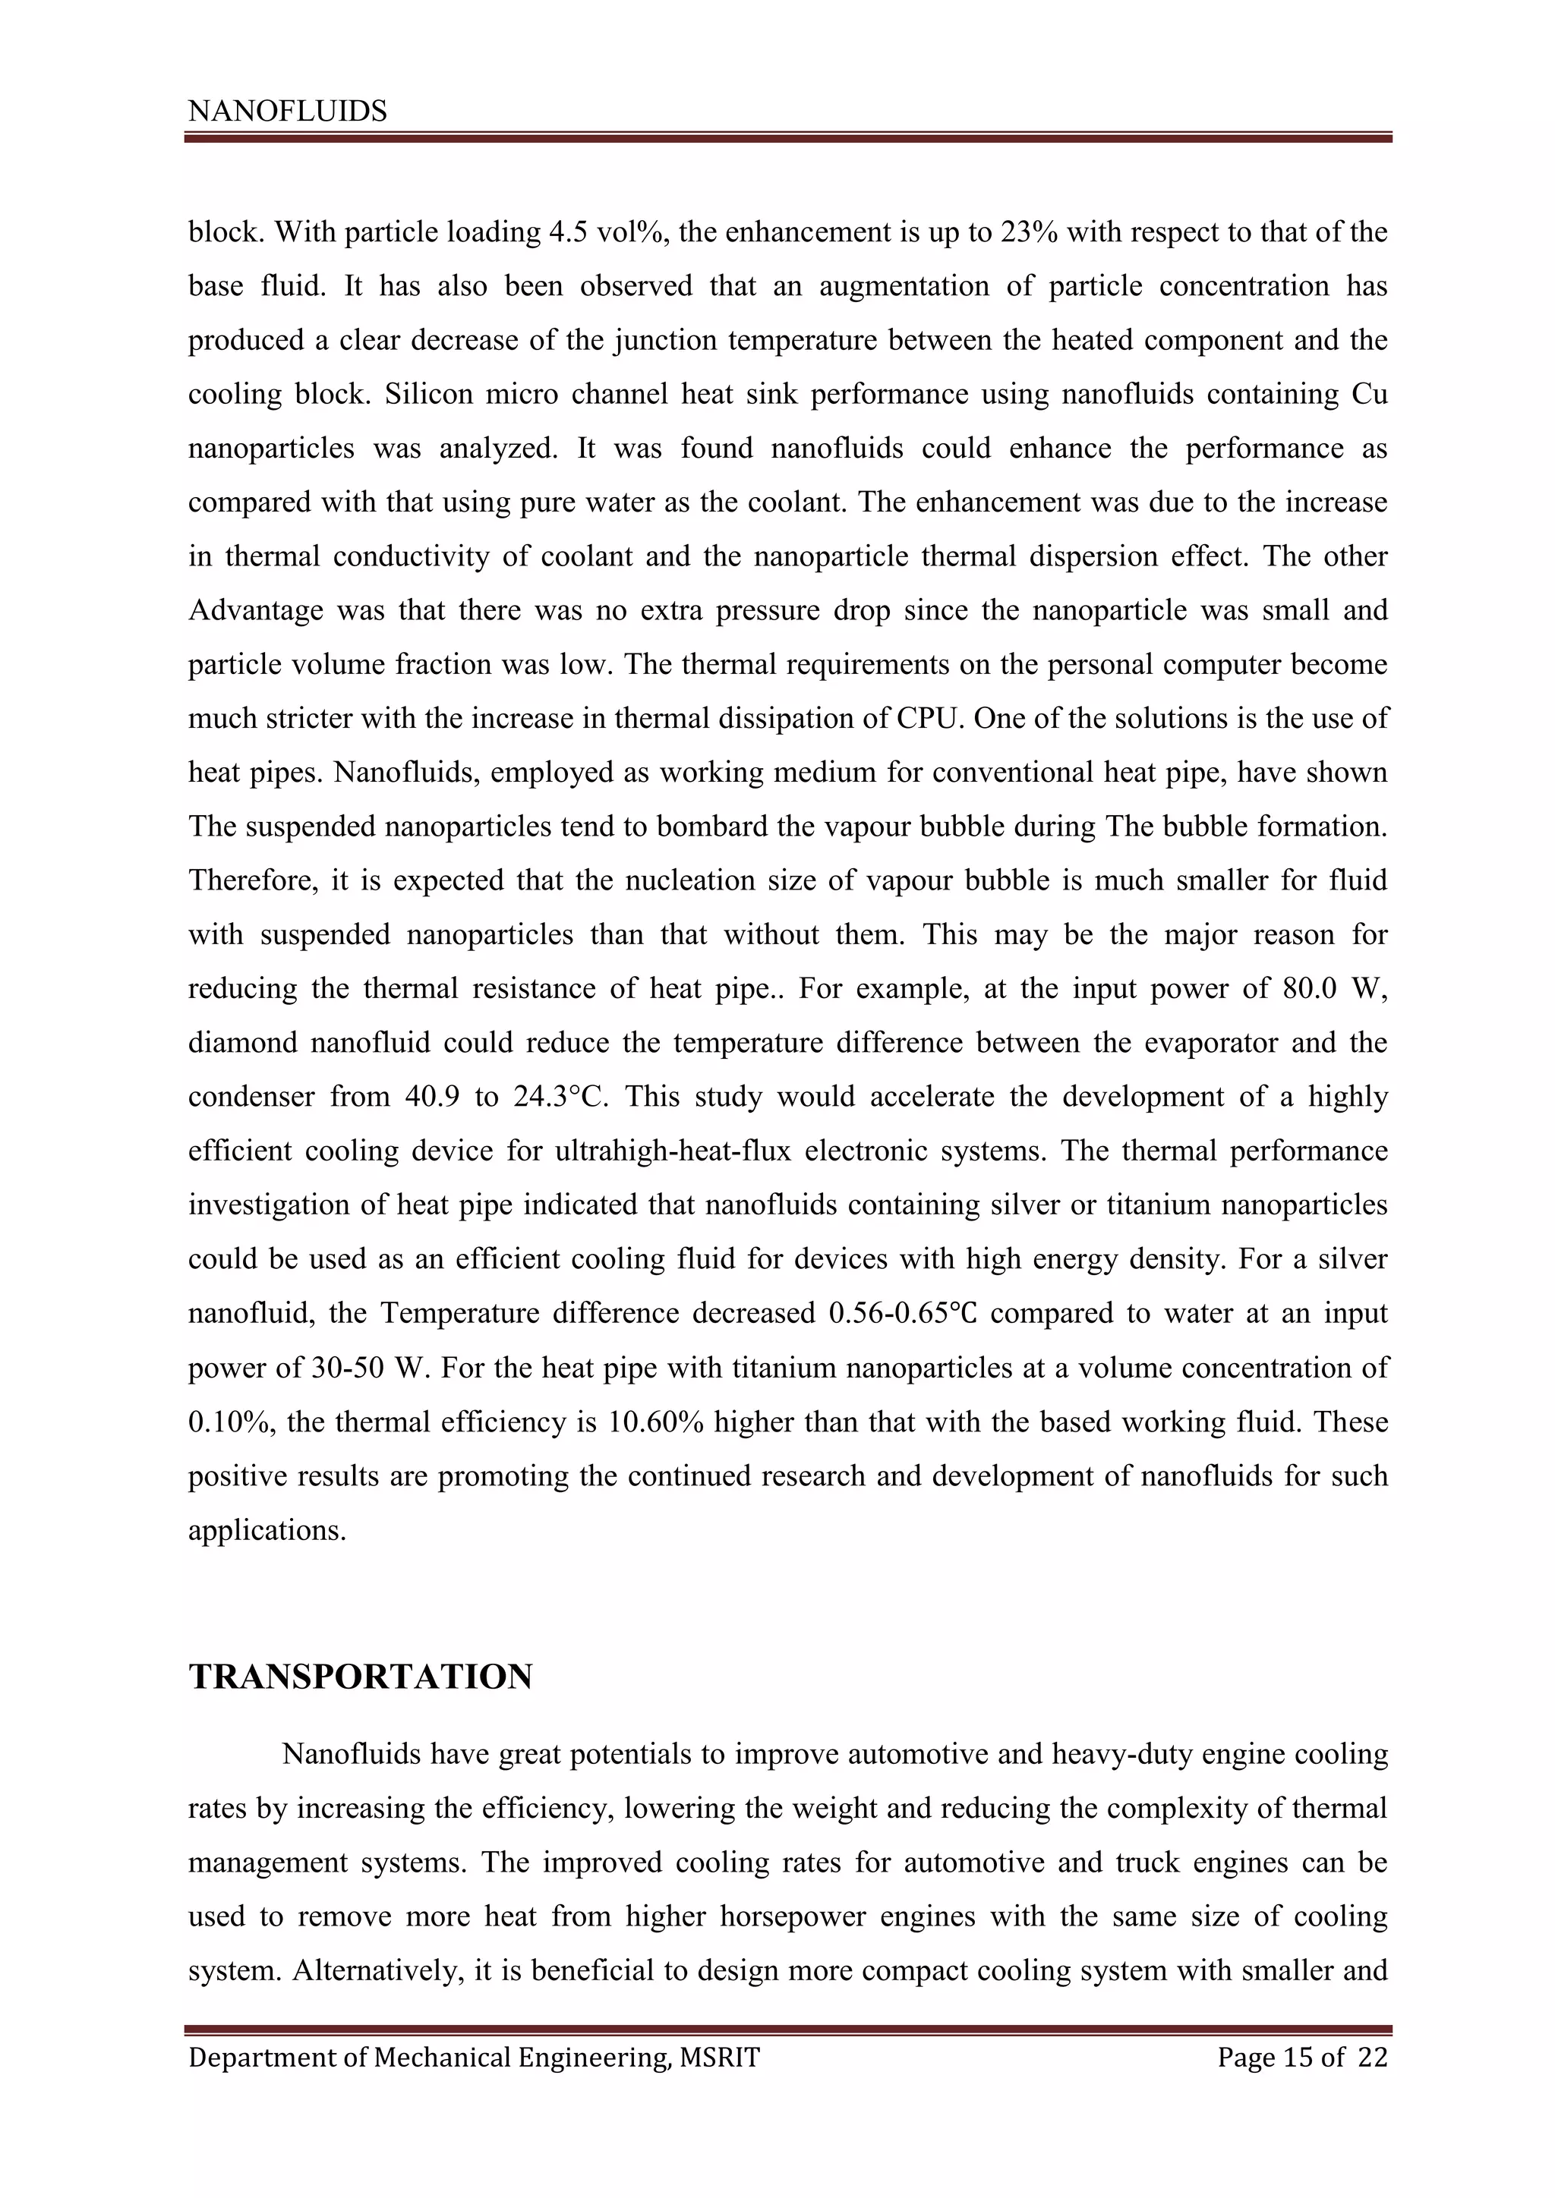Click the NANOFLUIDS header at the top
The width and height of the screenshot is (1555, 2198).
tap(287, 112)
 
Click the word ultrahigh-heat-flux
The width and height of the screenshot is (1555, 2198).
tap(672, 1151)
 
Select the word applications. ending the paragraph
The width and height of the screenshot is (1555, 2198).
tap(267, 1530)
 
